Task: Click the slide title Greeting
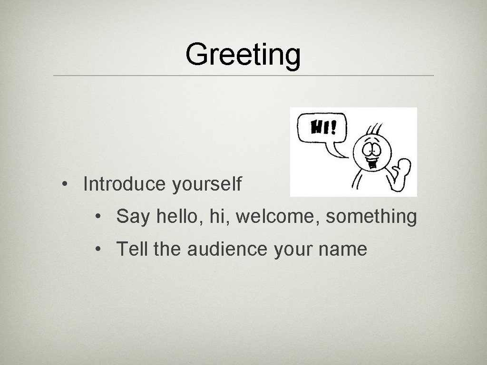click(243, 55)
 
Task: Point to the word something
click(371, 217)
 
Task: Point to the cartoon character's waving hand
click(402, 168)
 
